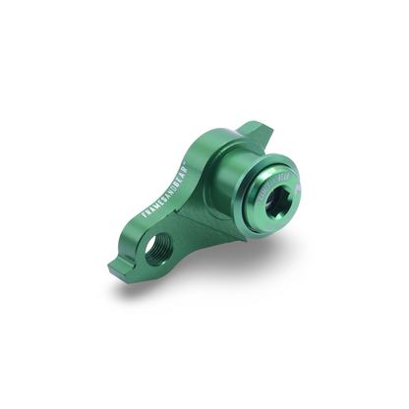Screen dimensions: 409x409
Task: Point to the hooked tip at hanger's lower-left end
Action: pyautogui.click(x=115, y=267)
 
